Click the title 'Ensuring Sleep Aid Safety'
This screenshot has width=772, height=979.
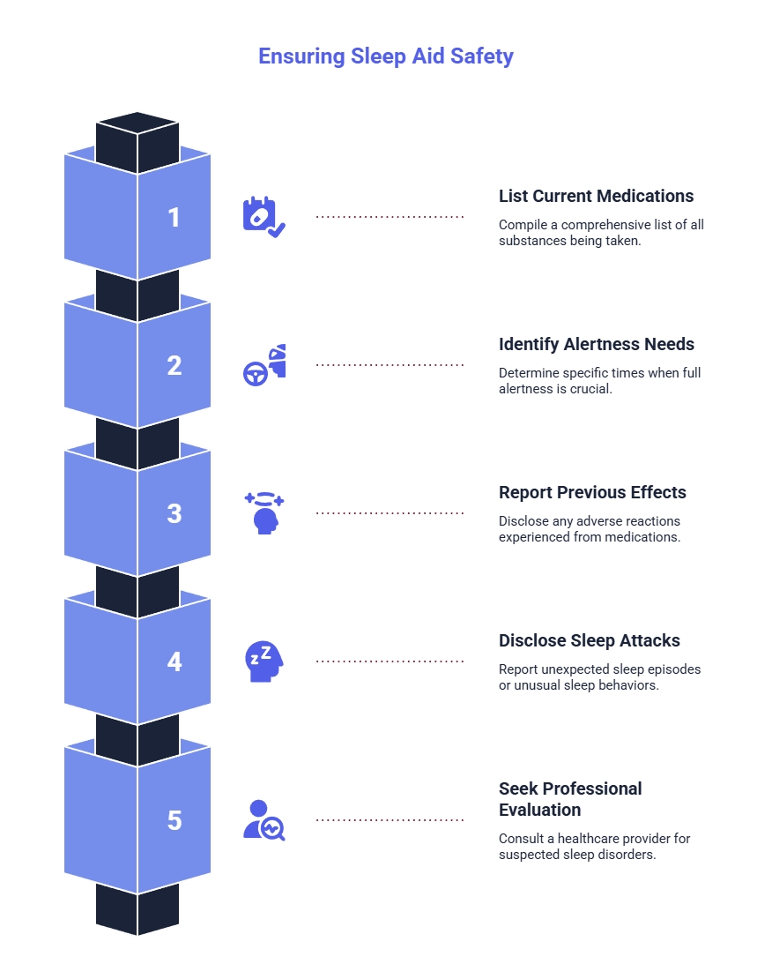point(386,56)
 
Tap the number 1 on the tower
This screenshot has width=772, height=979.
point(174,217)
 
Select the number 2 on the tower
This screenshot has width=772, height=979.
point(174,365)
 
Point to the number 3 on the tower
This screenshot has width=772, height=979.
point(174,513)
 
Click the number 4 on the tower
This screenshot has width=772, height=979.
point(174,661)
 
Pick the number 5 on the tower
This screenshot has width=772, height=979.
point(174,819)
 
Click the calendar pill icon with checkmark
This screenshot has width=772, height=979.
point(264,217)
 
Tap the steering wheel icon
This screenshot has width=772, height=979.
point(256,374)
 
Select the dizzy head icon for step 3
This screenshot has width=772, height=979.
point(264,513)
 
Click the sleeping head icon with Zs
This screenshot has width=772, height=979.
point(264,661)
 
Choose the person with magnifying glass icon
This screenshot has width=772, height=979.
point(264,819)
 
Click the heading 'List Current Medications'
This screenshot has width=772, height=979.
point(596,196)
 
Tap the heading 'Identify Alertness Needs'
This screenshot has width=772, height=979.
point(596,344)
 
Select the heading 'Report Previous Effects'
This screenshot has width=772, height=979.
point(592,492)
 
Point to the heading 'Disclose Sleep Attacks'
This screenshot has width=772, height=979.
point(590,640)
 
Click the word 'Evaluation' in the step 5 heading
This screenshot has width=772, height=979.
point(540,810)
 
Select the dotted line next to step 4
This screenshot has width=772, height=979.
point(390,661)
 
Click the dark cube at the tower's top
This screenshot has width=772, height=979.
point(137,142)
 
